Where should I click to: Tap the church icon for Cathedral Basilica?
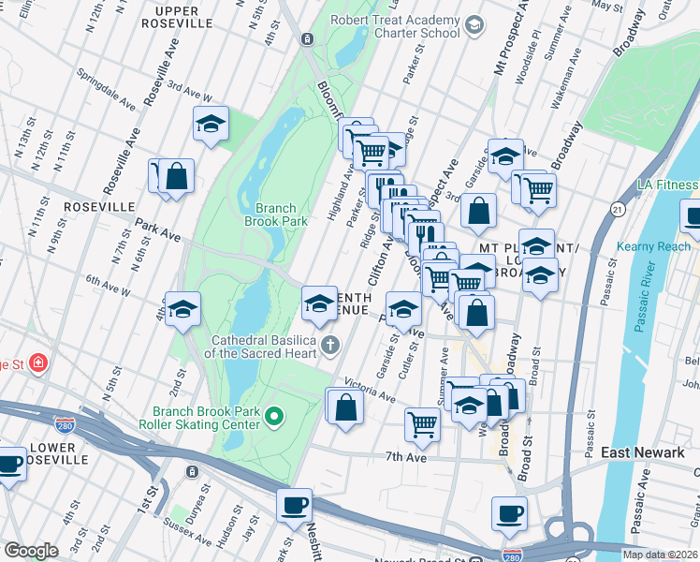[x=329, y=347]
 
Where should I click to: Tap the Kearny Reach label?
[x=653, y=247]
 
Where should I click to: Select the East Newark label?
[x=642, y=452]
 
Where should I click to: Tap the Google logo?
[x=31, y=551]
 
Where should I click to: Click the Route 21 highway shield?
[x=617, y=208]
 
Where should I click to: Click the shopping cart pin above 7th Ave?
[x=422, y=423]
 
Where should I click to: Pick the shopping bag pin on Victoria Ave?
[x=345, y=407]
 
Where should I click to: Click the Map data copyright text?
[x=659, y=555]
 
